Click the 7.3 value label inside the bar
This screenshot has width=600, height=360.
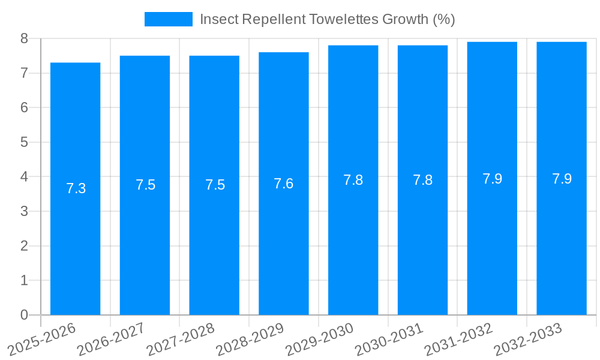[x=76, y=188]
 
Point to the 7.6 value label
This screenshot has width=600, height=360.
[x=283, y=184]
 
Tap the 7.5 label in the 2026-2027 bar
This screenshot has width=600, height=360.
[x=145, y=185]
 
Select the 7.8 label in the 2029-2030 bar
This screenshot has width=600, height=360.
[x=353, y=180]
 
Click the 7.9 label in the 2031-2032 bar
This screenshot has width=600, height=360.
[x=492, y=179]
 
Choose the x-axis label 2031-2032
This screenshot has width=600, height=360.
[x=459, y=340]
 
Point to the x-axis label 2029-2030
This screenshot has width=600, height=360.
[x=320, y=340]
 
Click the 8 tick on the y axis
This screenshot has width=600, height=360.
[x=24, y=39]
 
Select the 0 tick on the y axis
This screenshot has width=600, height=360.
[x=24, y=315]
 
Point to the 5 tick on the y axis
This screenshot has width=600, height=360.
[x=24, y=143]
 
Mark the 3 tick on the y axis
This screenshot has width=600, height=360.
[x=24, y=212]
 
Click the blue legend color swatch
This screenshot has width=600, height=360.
[x=168, y=19]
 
